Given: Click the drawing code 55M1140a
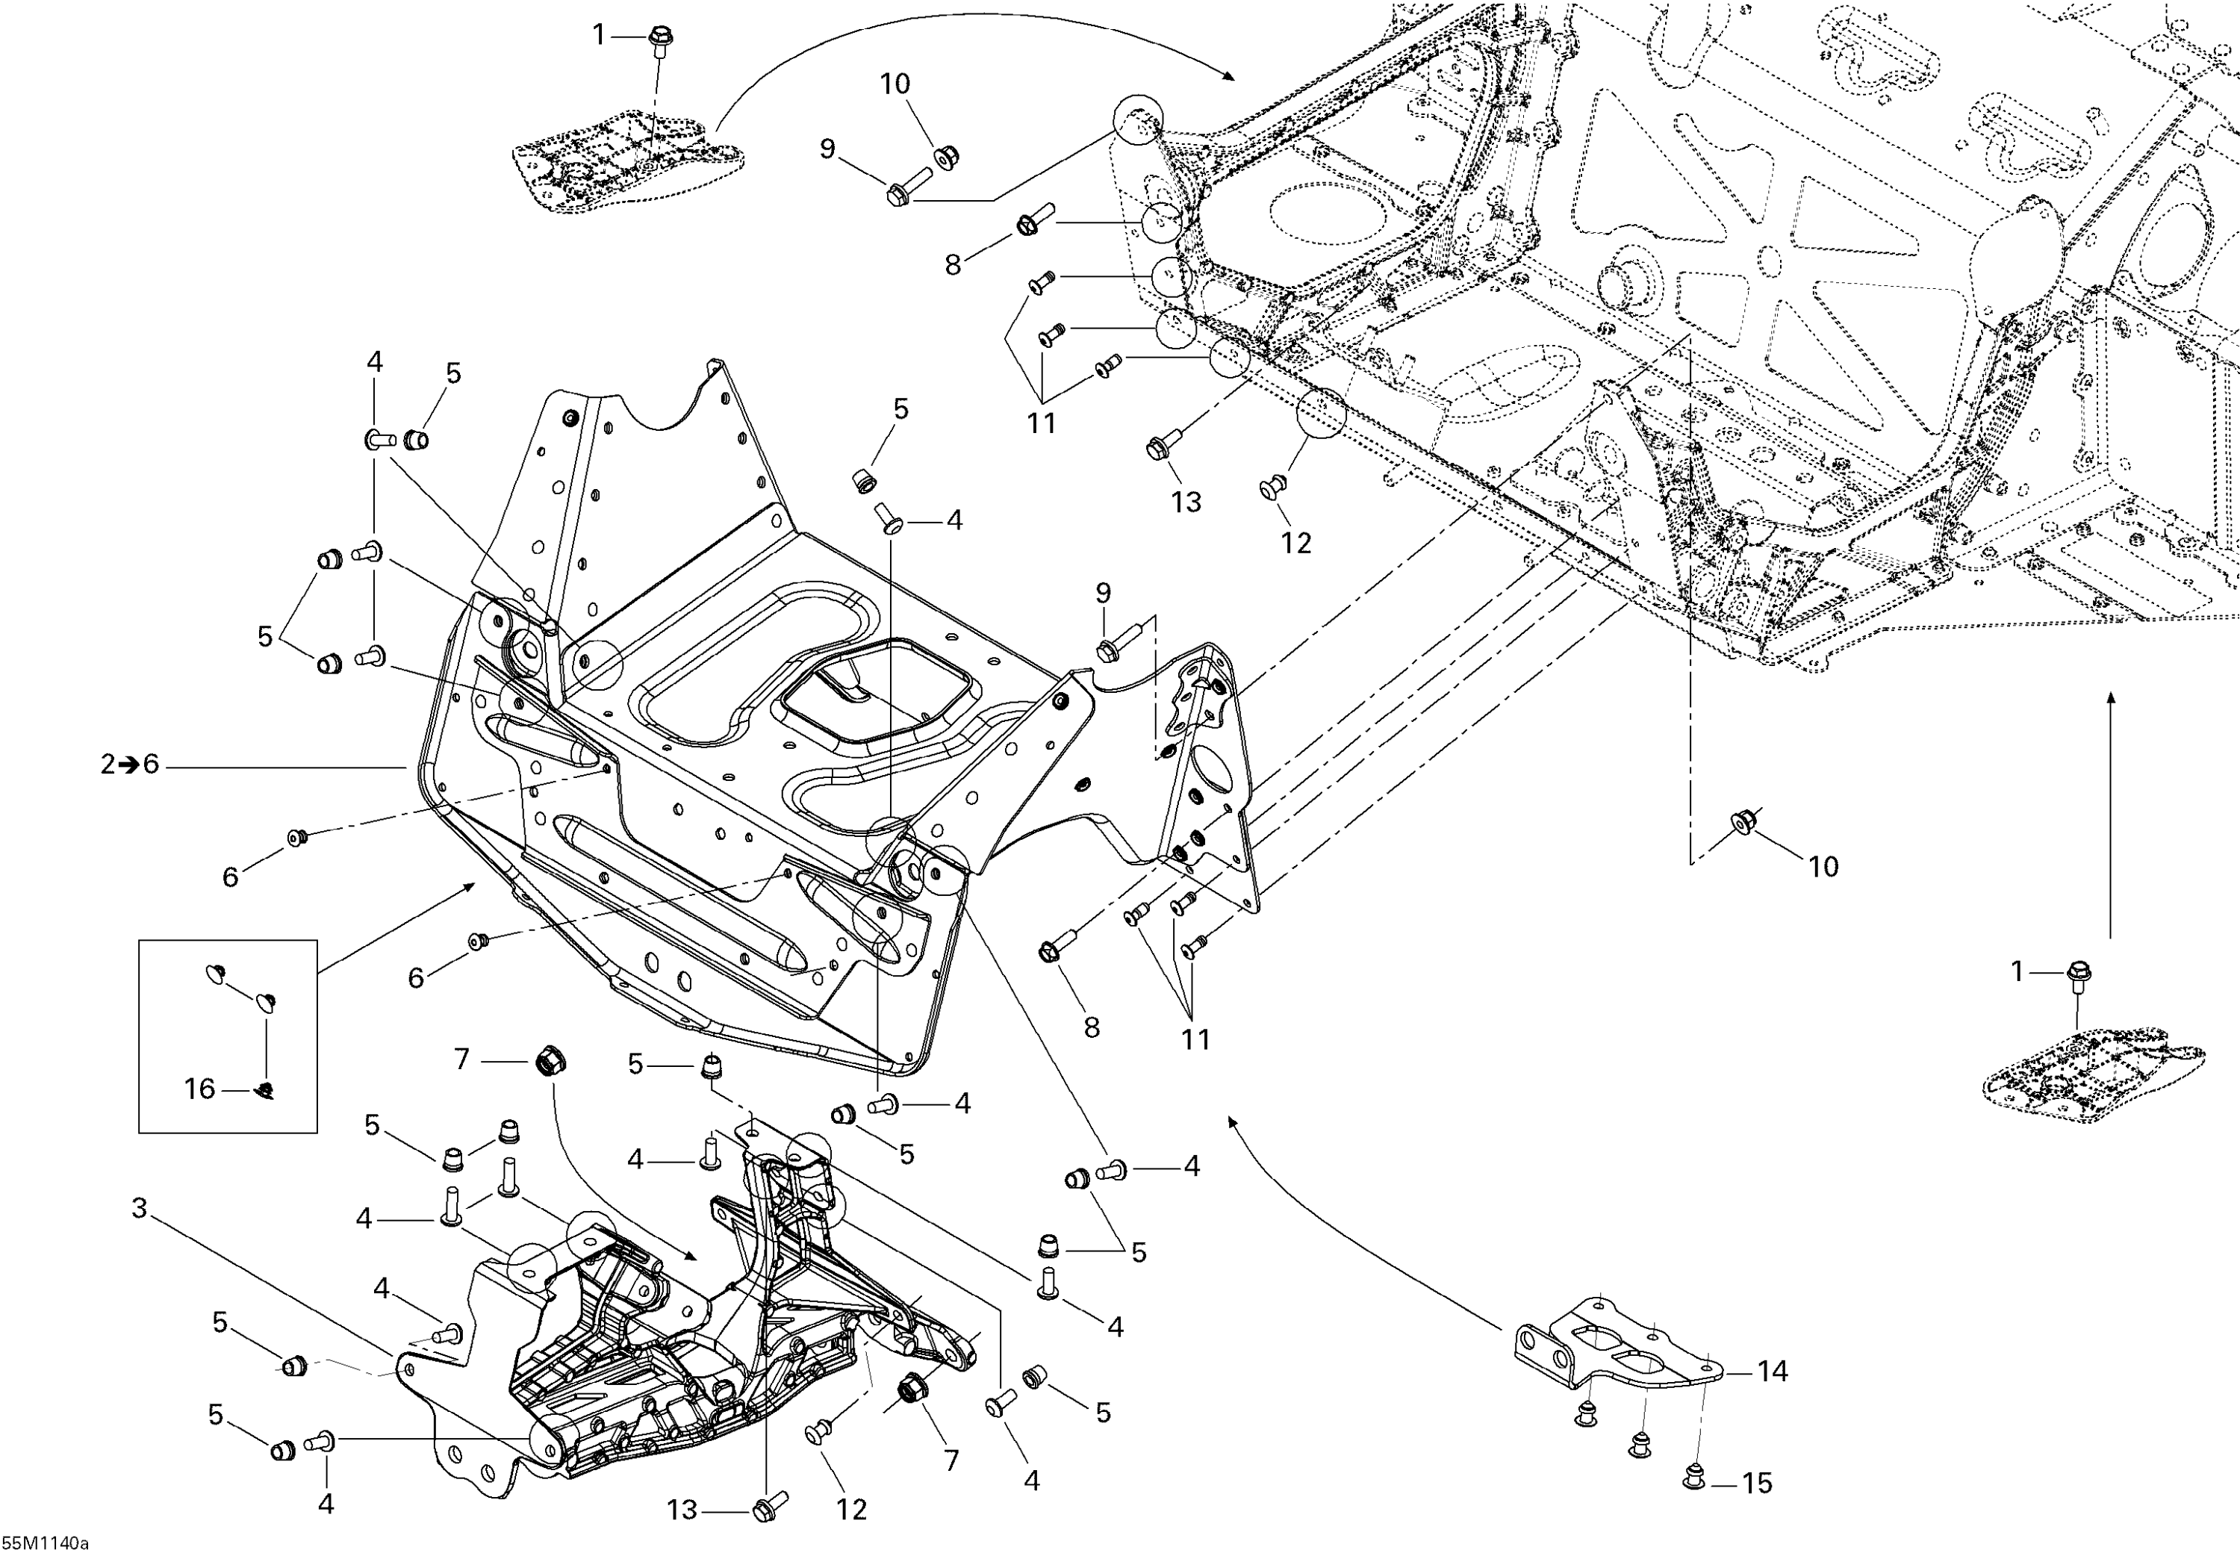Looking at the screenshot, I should tap(45, 1543).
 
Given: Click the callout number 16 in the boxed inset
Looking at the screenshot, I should tap(200, 1089).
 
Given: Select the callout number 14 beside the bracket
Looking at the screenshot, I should tap(1772, 1372).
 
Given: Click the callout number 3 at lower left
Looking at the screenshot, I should tap(140, 1208).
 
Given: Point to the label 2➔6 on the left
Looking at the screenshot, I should tap(130, 765).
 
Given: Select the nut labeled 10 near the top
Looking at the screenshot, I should tap(944, 156).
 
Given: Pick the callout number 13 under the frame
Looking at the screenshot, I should tap(1186, 502).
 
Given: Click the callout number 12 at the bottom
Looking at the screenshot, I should tap(851, 1510).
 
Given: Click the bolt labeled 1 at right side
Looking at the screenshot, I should tap(2077, 974).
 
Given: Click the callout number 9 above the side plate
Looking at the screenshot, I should tap(1103, 593).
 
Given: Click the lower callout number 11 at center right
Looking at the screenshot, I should tap(1196, 1039).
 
